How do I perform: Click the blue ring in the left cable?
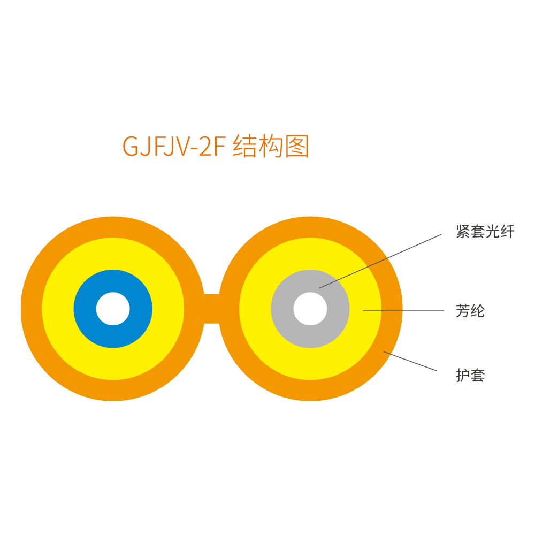point(85,309)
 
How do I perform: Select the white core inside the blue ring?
point(113,309)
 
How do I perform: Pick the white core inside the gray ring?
point(310,309)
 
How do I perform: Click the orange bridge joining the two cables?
point(211,309)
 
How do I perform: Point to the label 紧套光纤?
point(485,232)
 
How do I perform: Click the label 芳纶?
point(470,311)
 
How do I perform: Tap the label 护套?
point(470,376)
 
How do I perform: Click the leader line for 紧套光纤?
point(380,262)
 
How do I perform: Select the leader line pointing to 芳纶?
point(403,311)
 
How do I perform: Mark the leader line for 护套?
point(410,361)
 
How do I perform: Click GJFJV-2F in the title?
point(174,146)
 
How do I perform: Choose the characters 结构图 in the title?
point(271,146)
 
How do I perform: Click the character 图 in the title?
point(297,146)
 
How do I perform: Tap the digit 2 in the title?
point(205,146)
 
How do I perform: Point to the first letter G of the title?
point(130,147)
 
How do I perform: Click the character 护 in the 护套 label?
point(463,376)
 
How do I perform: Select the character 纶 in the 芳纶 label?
point(478,311)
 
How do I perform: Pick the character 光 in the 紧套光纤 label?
point(492,232)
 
